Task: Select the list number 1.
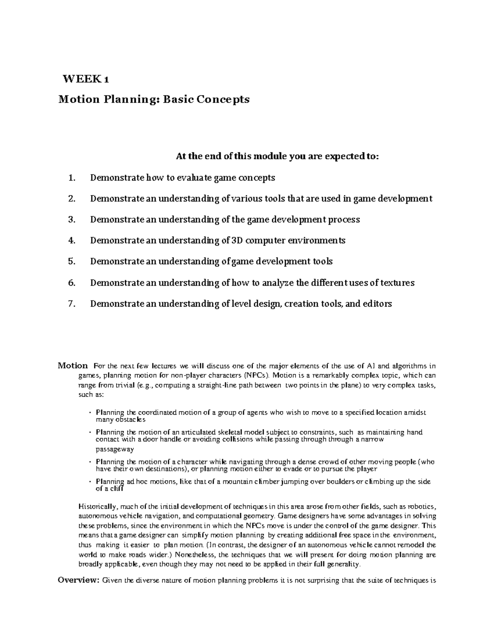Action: coord(72,178)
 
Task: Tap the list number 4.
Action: coord(72,241)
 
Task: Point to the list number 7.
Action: coord(72,304)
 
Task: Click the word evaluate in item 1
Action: coord(193,178)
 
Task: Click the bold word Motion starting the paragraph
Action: coord(72,365)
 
